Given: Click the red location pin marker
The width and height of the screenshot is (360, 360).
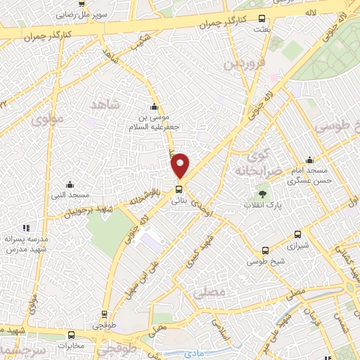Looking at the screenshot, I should click(x=181, y=165).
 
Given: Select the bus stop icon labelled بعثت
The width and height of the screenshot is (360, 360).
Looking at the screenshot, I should click(x=262, y=19).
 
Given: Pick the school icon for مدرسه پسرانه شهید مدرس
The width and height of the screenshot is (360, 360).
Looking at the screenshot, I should click(x=27, y=228).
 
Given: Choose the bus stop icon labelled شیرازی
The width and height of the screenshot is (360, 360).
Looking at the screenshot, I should click(x=297, y=235).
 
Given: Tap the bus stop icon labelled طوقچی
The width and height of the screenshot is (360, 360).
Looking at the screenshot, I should click(x=105, y=315).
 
